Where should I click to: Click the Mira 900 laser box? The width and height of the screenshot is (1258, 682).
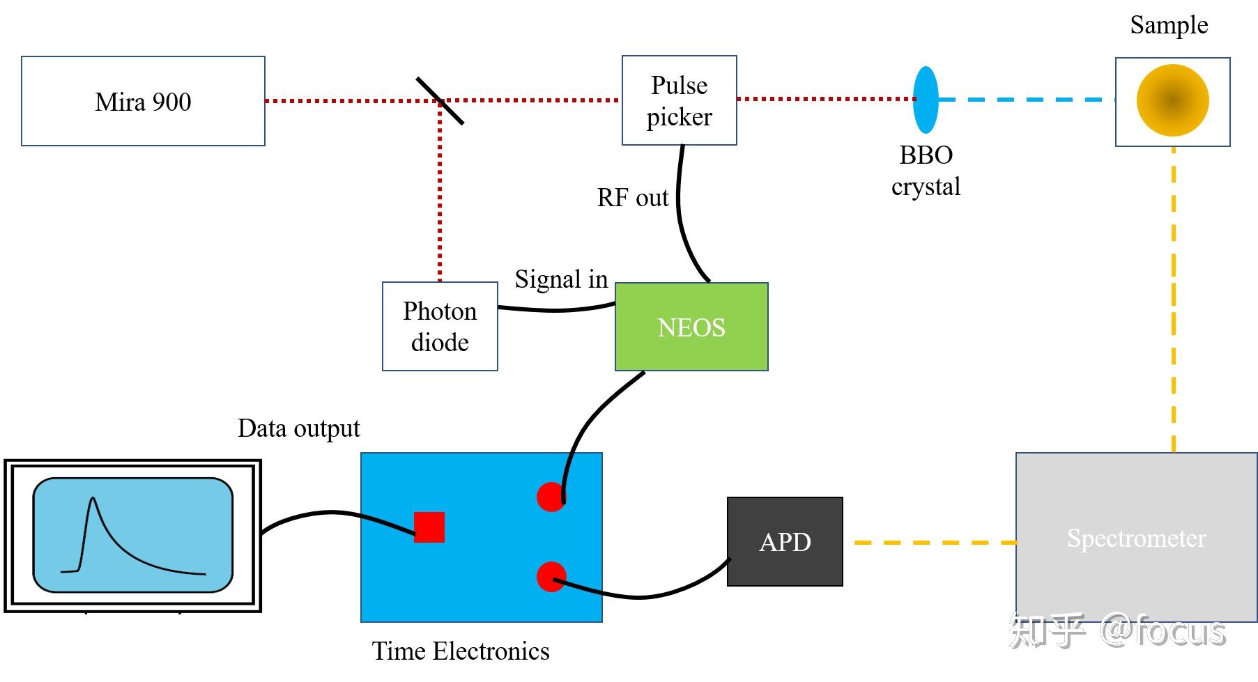(x=143, y=101)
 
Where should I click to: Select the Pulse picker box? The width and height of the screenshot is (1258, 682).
(x=679, y=100)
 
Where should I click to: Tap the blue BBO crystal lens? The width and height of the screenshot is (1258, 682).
(x=926, y=100)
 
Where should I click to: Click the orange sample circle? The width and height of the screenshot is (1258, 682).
(x=1172, y=100)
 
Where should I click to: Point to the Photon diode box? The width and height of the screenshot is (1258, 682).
(x=440, y=326)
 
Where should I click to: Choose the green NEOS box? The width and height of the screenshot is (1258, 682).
(x=691, y=327)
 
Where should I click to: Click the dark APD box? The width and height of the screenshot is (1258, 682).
(x=785, y=541)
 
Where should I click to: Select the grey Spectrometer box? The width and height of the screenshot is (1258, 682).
(x=1136, y=537)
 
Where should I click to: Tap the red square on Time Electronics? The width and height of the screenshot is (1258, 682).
(x=429, y=527)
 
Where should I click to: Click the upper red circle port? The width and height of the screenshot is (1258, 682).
(x=551, y=497)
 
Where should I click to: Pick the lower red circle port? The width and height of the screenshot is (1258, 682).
(x=551, y=577)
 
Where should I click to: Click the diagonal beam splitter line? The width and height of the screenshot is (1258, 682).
(x=440, y=101)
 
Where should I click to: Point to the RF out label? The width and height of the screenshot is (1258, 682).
(x=633, y=198)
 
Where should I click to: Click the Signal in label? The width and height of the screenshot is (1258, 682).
(x=561, y=279)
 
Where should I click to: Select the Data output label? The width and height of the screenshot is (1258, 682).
(x=298, y=428)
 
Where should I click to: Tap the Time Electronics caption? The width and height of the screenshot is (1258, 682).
(x=461, y=651)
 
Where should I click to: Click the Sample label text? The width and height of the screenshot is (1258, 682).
(x=1169, y=25)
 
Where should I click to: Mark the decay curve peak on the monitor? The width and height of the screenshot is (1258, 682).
(x=93, y=497)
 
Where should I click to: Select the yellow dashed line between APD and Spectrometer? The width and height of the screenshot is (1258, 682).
(x=935, y=542)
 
